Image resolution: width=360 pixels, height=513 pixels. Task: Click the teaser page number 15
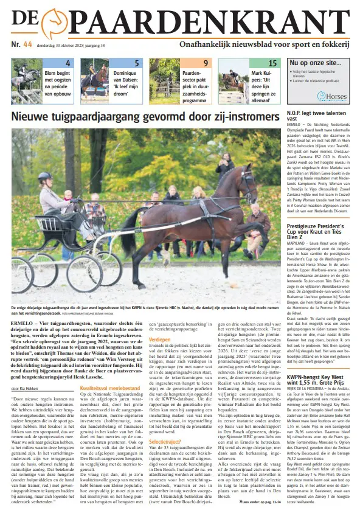click(272, 63)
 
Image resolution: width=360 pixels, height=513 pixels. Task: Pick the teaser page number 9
click(206, 63)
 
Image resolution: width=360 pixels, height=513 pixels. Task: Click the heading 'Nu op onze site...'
click(314, 63)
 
